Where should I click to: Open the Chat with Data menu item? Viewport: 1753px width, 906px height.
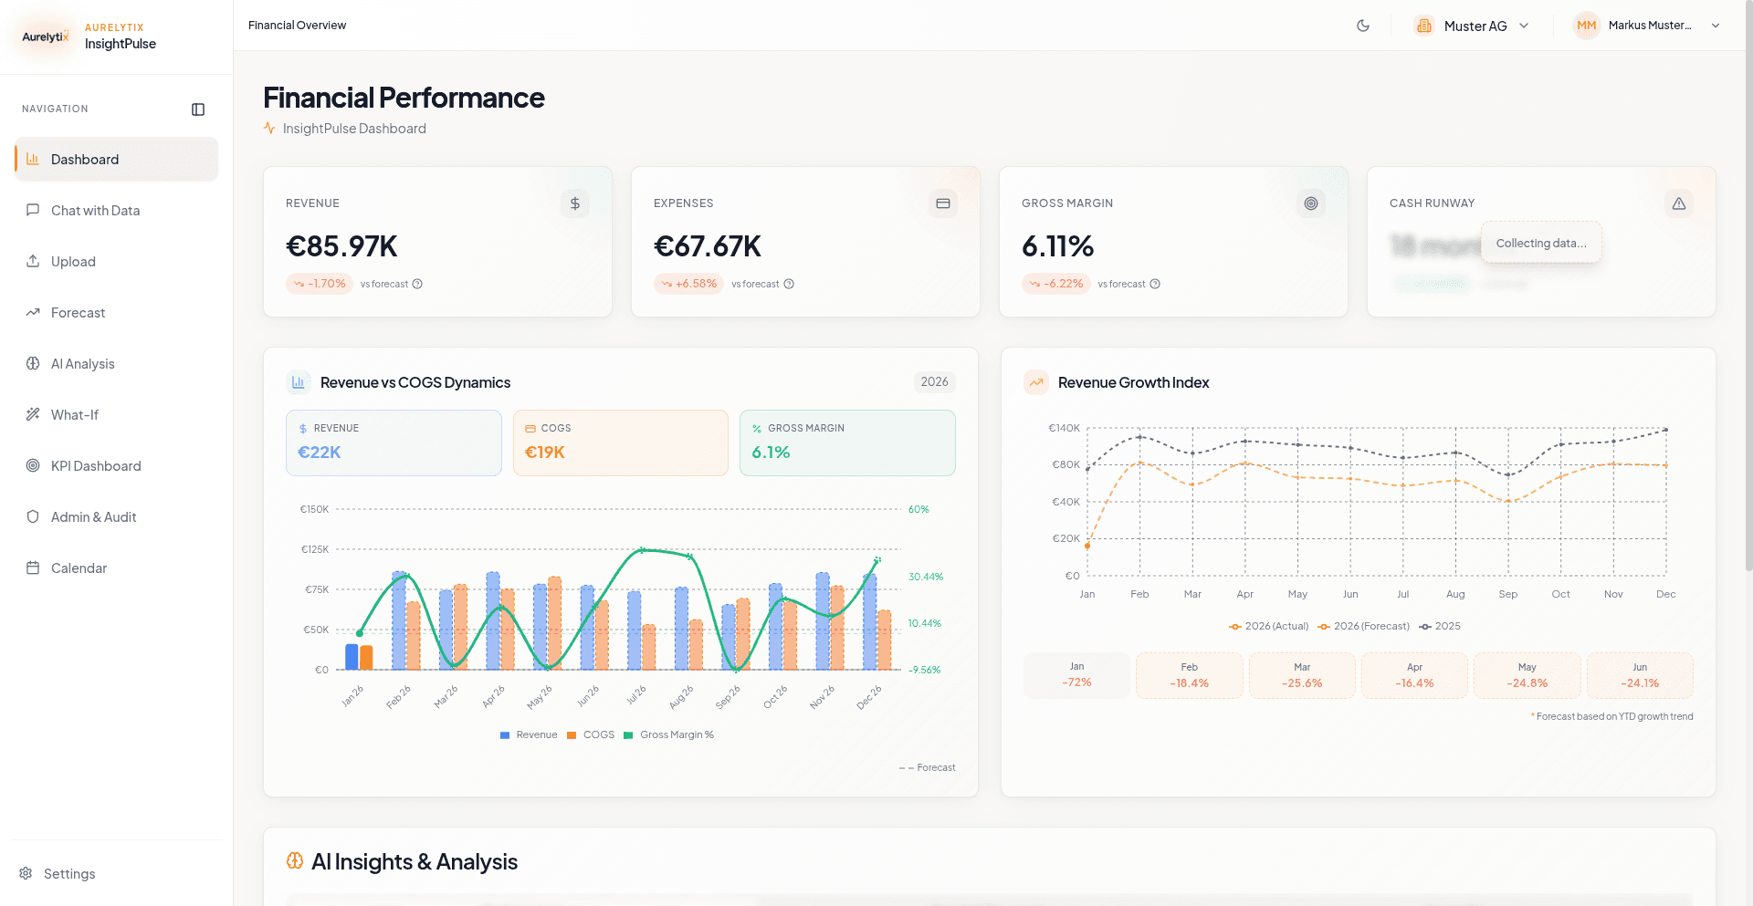(95, 211)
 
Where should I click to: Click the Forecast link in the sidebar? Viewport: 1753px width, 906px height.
(78, 313)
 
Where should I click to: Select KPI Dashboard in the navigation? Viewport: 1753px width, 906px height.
(95, 466)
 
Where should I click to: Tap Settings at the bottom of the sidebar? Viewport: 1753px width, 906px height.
(68, 874)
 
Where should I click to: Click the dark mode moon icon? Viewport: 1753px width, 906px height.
(1363, 26)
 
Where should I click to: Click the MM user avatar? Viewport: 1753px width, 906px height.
(1586, 26)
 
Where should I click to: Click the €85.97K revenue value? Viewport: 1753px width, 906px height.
(341, 246)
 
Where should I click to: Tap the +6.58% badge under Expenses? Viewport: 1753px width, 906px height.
(688, 284)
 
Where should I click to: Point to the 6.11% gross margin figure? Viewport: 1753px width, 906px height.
(1057, 246)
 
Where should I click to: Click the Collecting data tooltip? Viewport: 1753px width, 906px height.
(1540, 244)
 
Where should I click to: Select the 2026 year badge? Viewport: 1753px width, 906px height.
(934, 382)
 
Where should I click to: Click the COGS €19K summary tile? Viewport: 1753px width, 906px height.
(620, 443)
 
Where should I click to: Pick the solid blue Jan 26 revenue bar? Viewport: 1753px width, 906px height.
(352, 656)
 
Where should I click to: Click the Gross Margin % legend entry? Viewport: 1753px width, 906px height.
(676, 735)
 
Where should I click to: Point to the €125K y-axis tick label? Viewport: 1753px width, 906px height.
(314, 549)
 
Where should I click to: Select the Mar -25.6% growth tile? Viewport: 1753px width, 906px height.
(1301, 676)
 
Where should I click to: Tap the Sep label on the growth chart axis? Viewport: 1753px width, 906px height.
(1507, 594)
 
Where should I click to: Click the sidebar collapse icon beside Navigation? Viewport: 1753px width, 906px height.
(198, 109)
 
